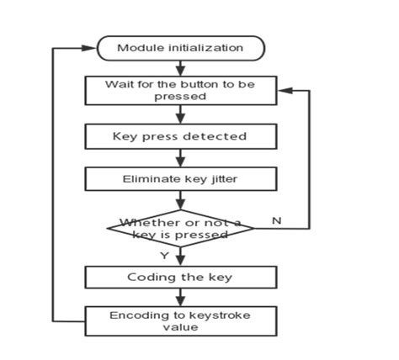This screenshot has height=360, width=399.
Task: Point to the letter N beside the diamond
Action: (x=275, y=220)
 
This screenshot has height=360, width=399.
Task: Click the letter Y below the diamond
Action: (x=164, y=255)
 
